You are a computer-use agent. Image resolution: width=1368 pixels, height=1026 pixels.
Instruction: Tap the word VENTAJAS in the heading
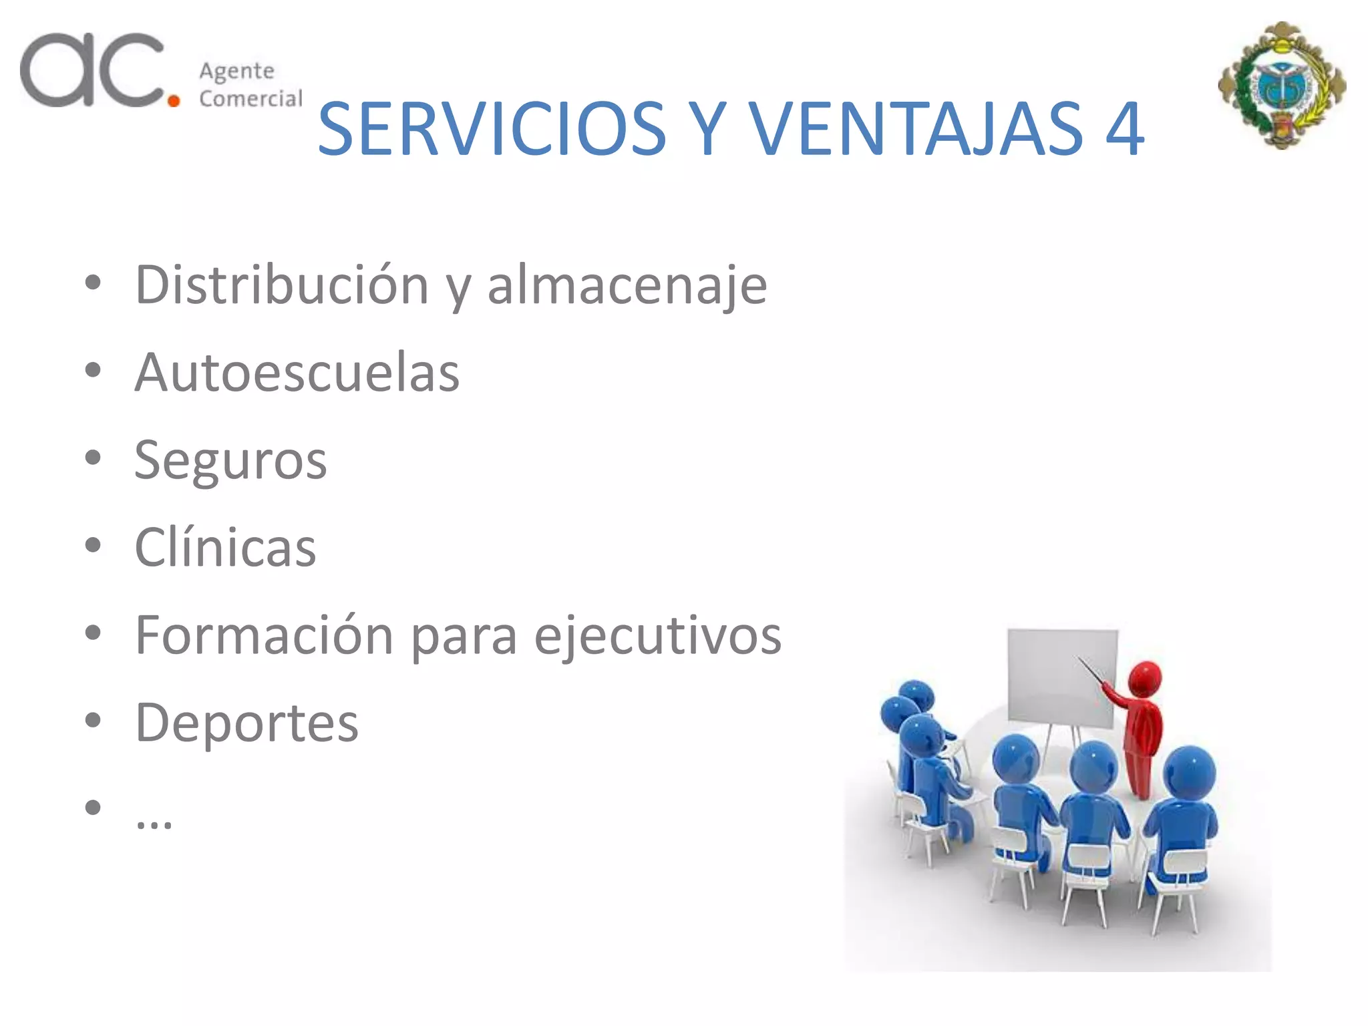coord(915,129)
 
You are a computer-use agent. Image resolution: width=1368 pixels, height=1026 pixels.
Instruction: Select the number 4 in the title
coord(1125,129)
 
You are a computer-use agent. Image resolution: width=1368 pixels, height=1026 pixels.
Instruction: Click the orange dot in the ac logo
coord(174,101)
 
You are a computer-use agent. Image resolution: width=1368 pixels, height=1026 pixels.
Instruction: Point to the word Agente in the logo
coord(236,71)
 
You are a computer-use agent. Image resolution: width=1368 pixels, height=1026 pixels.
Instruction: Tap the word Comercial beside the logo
coord(250,99)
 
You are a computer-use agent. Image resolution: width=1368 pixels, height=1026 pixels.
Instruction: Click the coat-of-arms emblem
coord(1282,85)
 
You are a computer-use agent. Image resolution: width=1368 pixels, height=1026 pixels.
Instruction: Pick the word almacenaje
coord(627,285)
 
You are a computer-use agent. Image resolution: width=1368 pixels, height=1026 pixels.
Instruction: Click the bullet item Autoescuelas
coord(297,373)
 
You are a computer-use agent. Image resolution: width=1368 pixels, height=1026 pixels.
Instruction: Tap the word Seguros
coord(230,461)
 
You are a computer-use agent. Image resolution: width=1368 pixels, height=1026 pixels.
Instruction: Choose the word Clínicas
coord(225,548)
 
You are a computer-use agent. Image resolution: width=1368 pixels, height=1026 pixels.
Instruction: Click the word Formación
coord(264,635)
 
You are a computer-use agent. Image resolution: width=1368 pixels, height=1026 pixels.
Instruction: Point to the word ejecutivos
coord(657,635)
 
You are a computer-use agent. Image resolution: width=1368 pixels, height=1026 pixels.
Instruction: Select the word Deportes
coord(246,723)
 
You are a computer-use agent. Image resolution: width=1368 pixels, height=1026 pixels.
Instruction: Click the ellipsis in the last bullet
coord(154,822)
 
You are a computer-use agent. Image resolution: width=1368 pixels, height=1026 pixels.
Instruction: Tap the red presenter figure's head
coord(1146,679)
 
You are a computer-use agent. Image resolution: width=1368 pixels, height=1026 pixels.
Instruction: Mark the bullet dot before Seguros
coord(93,458)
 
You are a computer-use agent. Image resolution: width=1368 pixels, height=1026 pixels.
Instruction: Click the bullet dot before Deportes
coord(93,720)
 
